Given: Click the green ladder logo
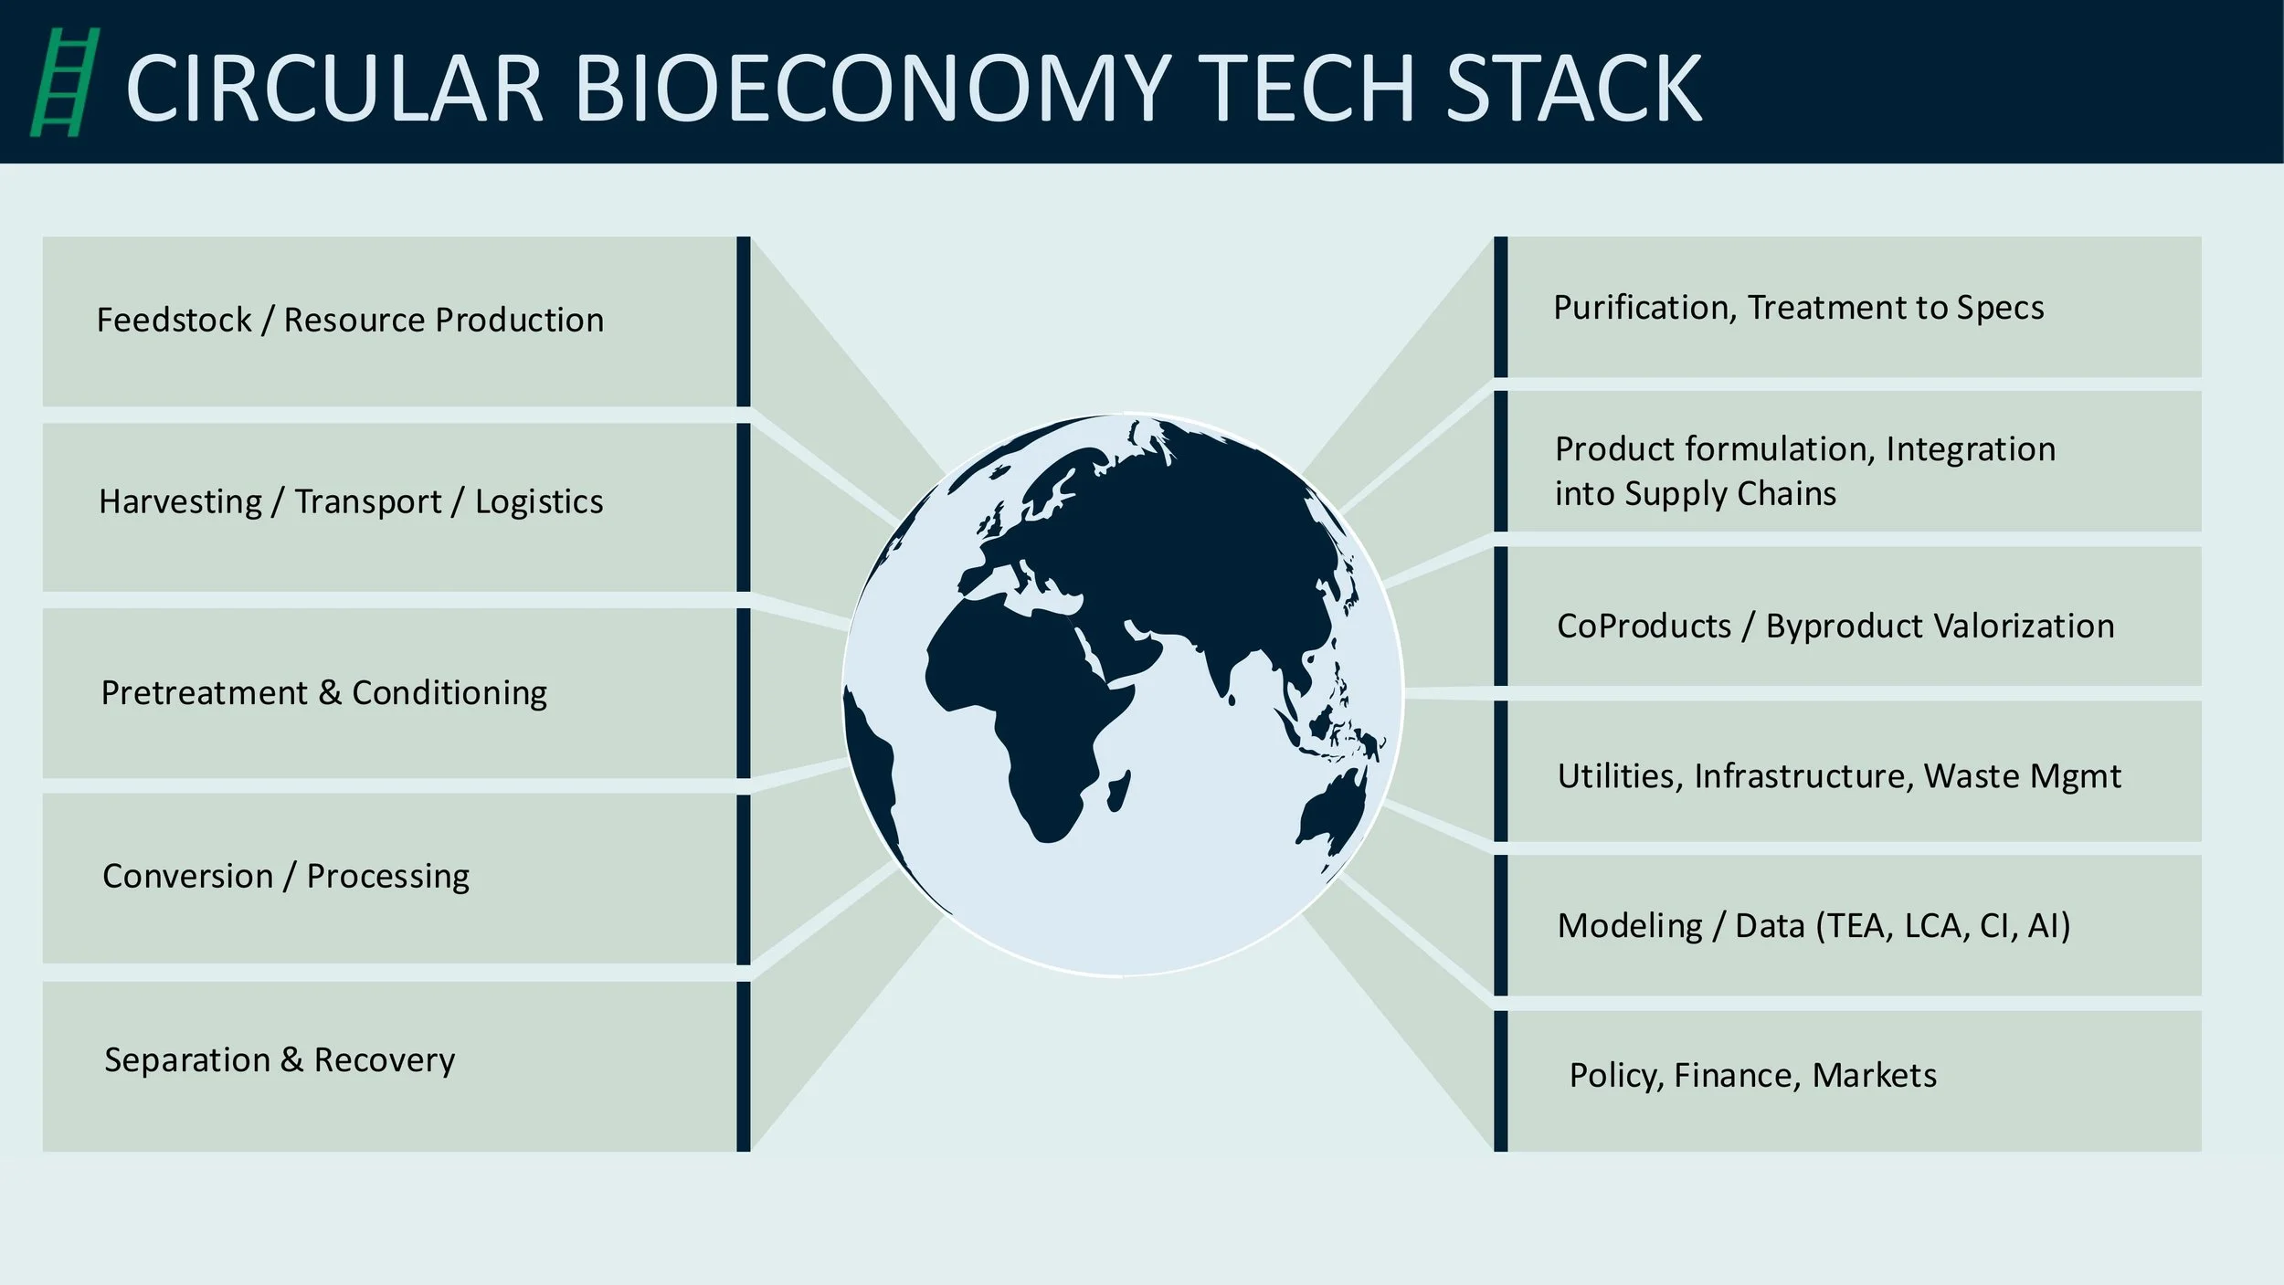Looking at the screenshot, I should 64,82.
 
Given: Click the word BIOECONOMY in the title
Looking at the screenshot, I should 872,88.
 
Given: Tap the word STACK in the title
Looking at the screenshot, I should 1573,88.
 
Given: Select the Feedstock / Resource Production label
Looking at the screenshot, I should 350,320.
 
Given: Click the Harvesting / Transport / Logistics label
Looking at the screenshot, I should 351,501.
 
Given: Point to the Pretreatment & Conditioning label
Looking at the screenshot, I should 323,692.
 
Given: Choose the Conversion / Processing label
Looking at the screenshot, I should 286,876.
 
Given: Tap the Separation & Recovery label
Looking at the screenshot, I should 280,1059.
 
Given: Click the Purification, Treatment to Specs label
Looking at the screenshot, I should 1798,308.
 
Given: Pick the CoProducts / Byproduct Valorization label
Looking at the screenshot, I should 1835,626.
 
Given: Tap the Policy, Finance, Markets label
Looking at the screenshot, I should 1752,1075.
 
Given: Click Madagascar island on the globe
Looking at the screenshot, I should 1118,790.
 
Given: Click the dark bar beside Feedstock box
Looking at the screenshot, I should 744,321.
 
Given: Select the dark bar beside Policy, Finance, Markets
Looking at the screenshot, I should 1500,1080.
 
